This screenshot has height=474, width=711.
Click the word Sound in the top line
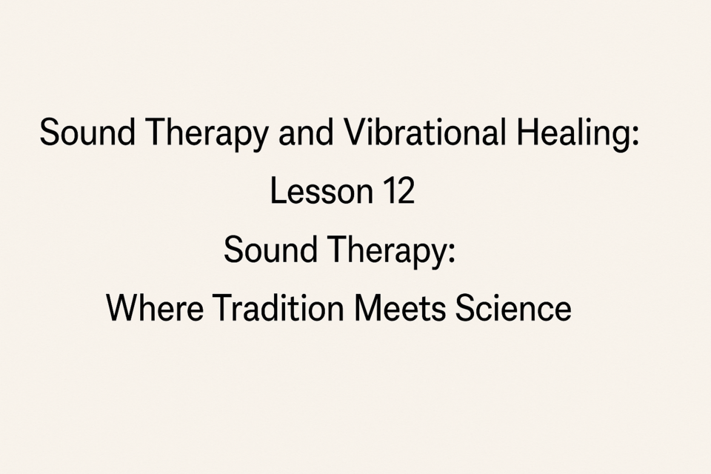click(87, 132)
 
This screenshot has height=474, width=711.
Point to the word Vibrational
click(425, 132)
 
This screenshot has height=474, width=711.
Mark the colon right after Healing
click(635, 136)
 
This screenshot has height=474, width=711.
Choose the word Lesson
click(321, 190)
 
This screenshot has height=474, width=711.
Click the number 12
click(399, 190)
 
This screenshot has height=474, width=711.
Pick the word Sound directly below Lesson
click(271, 250)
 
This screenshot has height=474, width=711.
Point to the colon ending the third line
click(450, 255)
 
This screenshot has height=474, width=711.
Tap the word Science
click(513, 308)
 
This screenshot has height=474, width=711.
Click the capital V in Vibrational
click(356, 132)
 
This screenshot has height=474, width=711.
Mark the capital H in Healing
click(527, 132)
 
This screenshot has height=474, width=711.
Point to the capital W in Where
click(124, 308)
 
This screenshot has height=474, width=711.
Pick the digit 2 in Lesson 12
click(406, 191)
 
